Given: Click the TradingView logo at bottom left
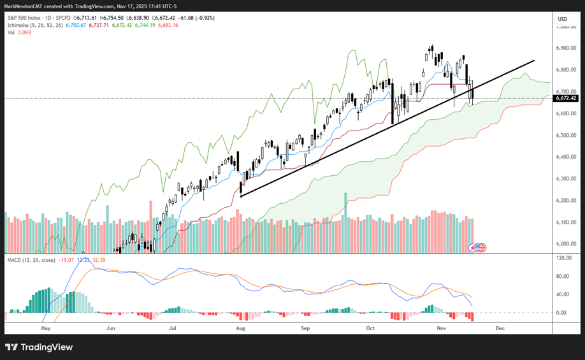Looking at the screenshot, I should (x=39, y=347).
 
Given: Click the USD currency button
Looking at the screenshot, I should (x=562, y=19).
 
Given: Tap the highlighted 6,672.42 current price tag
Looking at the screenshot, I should (x=566, y=98).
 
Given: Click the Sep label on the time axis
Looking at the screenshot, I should (x=305, y=328).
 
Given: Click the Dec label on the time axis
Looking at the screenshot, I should (x=500, y=328).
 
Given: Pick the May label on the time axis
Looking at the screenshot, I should (x=45, y=328).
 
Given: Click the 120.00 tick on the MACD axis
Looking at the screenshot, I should (x=563, y=259).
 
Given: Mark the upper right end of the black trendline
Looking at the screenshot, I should (x=534, y=61).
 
